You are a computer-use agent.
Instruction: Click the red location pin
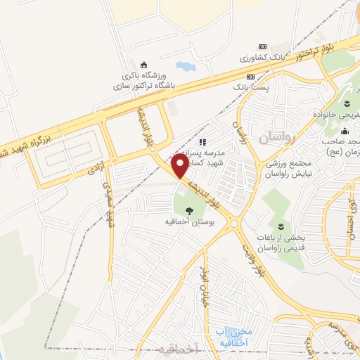click(180, 166)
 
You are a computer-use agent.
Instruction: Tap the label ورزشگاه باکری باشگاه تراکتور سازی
click(144, 82)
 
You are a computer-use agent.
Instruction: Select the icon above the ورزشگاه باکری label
click(145, 65)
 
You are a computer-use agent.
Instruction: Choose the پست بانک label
click(249, 88)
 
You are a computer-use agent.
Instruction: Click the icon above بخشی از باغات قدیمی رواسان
click(280, 226)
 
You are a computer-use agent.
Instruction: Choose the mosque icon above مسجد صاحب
click(345, 131)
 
